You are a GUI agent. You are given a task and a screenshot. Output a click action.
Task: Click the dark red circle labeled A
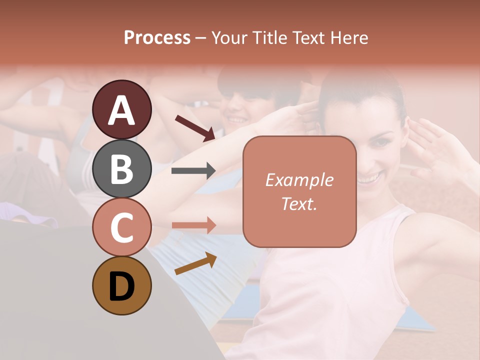click(121, 109)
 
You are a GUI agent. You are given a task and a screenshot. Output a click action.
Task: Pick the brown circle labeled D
click(121, 285)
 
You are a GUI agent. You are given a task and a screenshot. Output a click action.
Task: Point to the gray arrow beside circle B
click(193, 171)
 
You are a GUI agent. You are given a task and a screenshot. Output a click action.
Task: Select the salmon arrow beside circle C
click(193, 225)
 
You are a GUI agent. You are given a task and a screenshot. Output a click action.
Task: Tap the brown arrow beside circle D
click(195, 263)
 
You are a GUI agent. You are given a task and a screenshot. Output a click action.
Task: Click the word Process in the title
click(157, 38)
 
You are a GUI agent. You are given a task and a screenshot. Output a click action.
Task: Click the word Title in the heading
click(269, 38)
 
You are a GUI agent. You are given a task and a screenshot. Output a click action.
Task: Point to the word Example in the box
click(299, 180)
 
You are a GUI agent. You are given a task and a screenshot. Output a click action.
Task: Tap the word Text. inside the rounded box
click(299, 203)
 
